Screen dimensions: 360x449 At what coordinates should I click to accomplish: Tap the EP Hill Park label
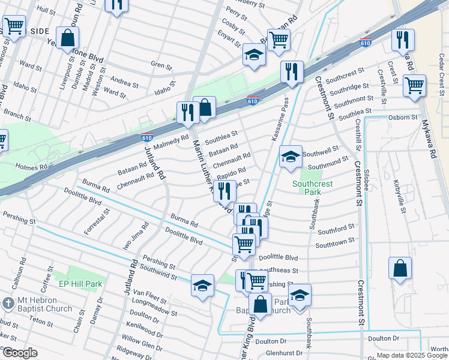(80, 283)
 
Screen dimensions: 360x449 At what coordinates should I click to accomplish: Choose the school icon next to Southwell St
(291, 157)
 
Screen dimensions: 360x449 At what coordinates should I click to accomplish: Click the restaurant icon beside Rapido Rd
(224, 191)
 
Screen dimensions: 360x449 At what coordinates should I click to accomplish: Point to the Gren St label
(161, 64)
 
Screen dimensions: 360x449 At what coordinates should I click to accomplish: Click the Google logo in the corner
(20, 353)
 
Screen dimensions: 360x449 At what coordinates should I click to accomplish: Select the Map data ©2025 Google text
(411, 355)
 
